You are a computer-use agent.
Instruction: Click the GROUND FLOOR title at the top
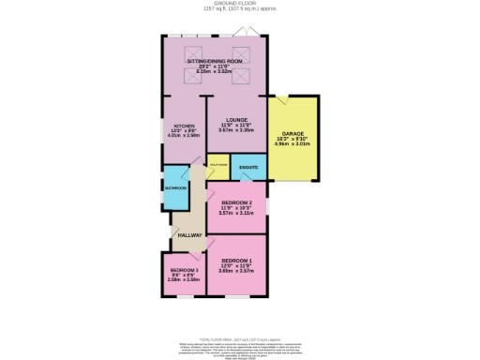tap(241, 4)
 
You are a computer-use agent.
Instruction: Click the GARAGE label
tap(292, 134)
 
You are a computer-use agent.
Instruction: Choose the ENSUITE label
tap(248, 168)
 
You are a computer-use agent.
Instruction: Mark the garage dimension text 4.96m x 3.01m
tap(292, 144)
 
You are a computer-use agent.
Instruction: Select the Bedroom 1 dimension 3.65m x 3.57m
tap(235, 271)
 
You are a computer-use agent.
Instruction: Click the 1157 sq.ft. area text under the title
tap(241, 9)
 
